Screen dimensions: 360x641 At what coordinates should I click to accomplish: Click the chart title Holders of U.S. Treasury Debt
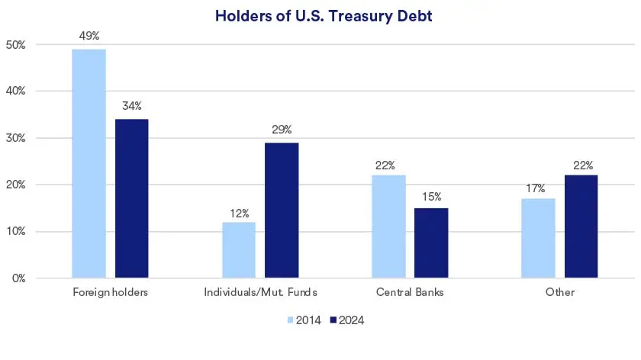323,16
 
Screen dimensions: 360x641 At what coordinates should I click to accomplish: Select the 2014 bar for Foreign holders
89,163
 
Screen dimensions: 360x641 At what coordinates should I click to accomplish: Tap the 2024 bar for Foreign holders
132,198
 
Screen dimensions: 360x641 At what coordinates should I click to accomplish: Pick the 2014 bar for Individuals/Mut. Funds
239,250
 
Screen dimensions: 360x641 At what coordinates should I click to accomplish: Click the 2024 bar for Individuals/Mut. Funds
282,211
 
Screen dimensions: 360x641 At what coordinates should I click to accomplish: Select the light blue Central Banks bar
388,227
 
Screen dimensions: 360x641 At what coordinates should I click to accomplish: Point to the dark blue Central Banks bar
431,243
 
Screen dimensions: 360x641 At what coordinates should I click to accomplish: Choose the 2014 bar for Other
538,238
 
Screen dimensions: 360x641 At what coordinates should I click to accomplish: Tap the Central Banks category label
409,292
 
